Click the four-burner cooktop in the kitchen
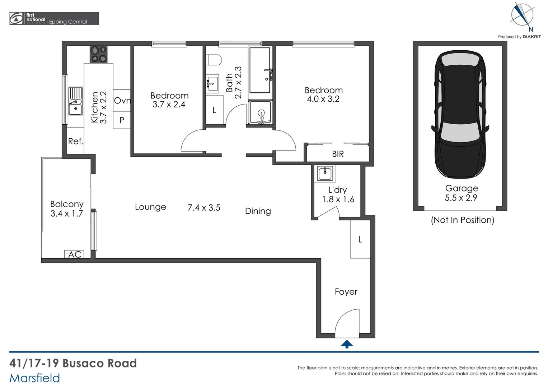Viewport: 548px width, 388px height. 99,55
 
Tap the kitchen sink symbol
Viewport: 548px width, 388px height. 75,101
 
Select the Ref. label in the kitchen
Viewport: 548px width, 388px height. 76,141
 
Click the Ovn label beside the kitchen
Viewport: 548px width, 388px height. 122,101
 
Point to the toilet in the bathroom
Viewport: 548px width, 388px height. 214,60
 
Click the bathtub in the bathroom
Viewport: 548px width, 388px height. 260,70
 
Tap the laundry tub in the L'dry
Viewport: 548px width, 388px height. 325,174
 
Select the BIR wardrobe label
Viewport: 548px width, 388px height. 338,154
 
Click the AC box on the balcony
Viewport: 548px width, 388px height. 75,254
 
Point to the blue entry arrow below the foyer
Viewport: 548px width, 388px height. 347,344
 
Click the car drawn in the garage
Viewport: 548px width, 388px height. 460,114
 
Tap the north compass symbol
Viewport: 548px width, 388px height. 522,16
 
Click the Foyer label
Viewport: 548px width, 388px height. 346,292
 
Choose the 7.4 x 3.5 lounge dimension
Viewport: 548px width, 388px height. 204,208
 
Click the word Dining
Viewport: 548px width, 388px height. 258,211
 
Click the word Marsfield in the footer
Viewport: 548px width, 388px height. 34,378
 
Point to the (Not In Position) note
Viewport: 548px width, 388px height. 462,220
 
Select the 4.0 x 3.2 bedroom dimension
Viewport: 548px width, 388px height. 323,99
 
